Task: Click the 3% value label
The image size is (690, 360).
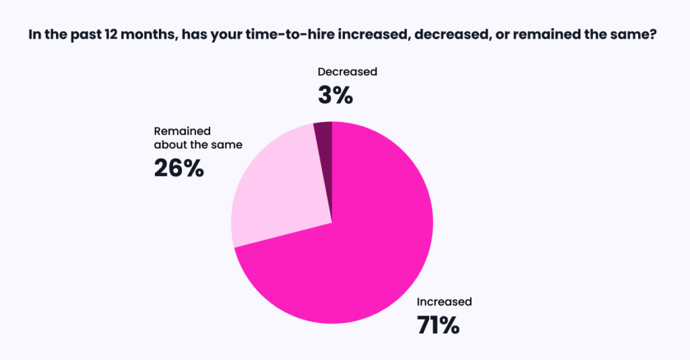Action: coord(336,95)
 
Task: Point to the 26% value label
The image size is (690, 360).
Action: coord(179,168)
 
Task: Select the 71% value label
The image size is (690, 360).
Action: coord(438,325)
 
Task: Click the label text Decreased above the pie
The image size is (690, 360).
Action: coord(347,71)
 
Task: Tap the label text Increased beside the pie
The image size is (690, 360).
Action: coord(444,302)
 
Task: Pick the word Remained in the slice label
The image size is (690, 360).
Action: coord(182,131)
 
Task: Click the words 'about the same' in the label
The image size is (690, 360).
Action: coord(198,145)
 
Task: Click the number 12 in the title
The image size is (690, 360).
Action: coord(110,35)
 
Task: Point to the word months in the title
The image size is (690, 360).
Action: coord(149,35)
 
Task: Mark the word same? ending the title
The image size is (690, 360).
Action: coord(635,35)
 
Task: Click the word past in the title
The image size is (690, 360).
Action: coord(87,35)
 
